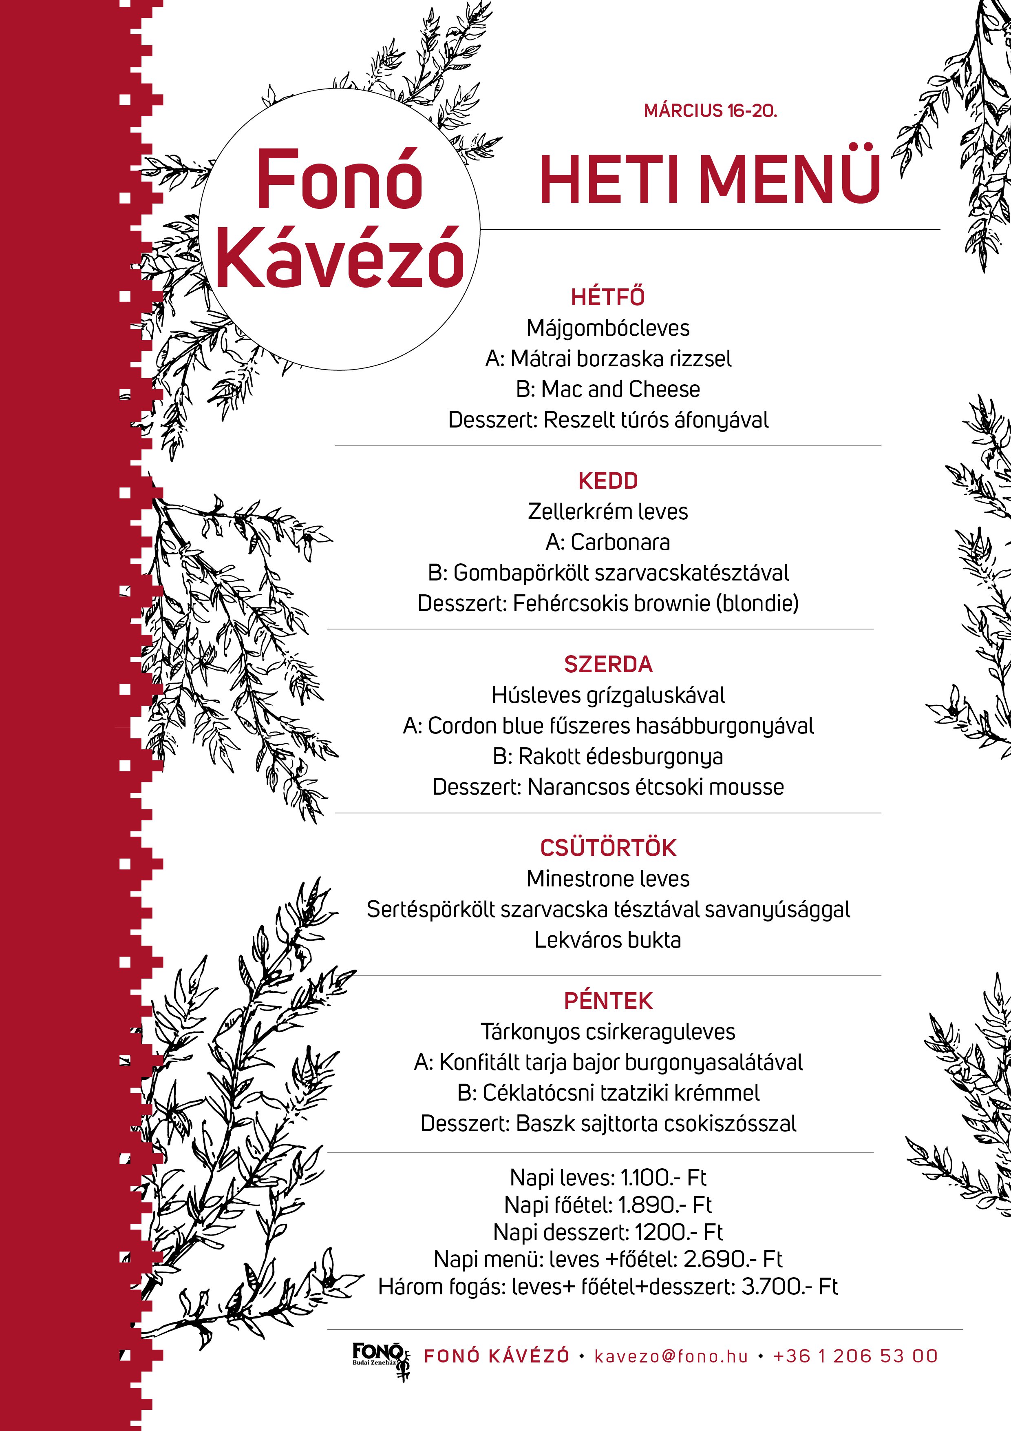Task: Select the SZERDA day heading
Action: [x=608, y=665]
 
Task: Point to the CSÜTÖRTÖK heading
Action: [x=608, y=848]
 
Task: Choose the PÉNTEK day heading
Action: [x=608, y=1001]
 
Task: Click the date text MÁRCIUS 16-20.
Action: [x=710, y=111]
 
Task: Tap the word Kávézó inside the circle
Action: [x=340, y=257]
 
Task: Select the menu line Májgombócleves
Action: [x=608, y=328]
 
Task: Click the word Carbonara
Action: [x=620, y=542]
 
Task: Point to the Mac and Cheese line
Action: [x=608, y=389]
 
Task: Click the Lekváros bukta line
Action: [x=608, y=940]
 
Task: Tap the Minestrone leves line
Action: [x=608, y=879]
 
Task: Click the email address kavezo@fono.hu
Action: [x=671, y=1356]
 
